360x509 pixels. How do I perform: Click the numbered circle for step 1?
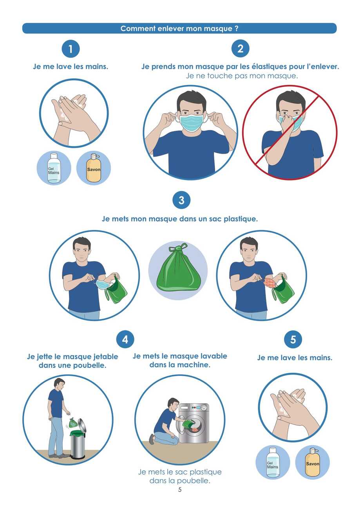[x=71, y=49]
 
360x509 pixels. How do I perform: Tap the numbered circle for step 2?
[x=240, y=49]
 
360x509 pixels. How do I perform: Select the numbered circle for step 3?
[x=181, y=200]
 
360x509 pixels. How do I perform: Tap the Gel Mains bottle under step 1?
[x=54, y=168]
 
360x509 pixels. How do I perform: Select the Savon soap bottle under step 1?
[x=94, y=168]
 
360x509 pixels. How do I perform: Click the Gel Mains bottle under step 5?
[x=273, y=463]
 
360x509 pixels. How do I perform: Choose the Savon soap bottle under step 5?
[x=313, y=463]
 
